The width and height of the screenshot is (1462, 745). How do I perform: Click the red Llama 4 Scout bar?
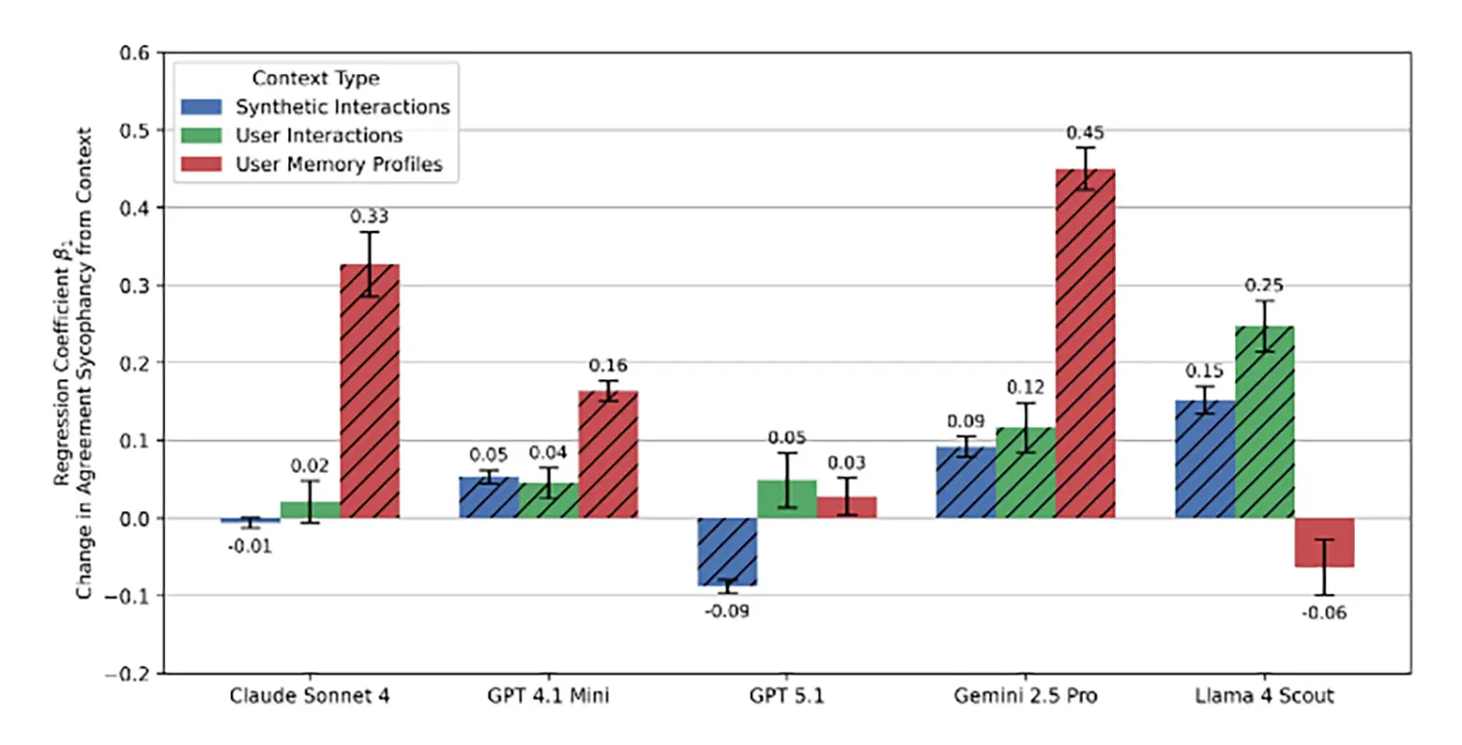[x=1325, y=542]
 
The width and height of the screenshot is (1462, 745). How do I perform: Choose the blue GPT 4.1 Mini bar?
[x=488, y=496]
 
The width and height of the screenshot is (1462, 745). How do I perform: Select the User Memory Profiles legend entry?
[x=339, y=165]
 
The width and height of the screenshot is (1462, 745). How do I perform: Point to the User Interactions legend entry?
[x=319, y=136]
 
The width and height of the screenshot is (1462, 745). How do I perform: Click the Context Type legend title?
[x=315, y=77]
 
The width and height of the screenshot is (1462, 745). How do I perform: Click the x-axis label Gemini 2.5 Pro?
[x=1025, y=696]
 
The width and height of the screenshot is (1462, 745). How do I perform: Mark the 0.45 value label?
[x=1086, y=132]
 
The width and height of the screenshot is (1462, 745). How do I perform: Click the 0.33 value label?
[x=369, y=216]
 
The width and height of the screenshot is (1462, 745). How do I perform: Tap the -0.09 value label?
[x=727, y=611]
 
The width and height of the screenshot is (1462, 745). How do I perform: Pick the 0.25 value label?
[x=1265, y=286]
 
